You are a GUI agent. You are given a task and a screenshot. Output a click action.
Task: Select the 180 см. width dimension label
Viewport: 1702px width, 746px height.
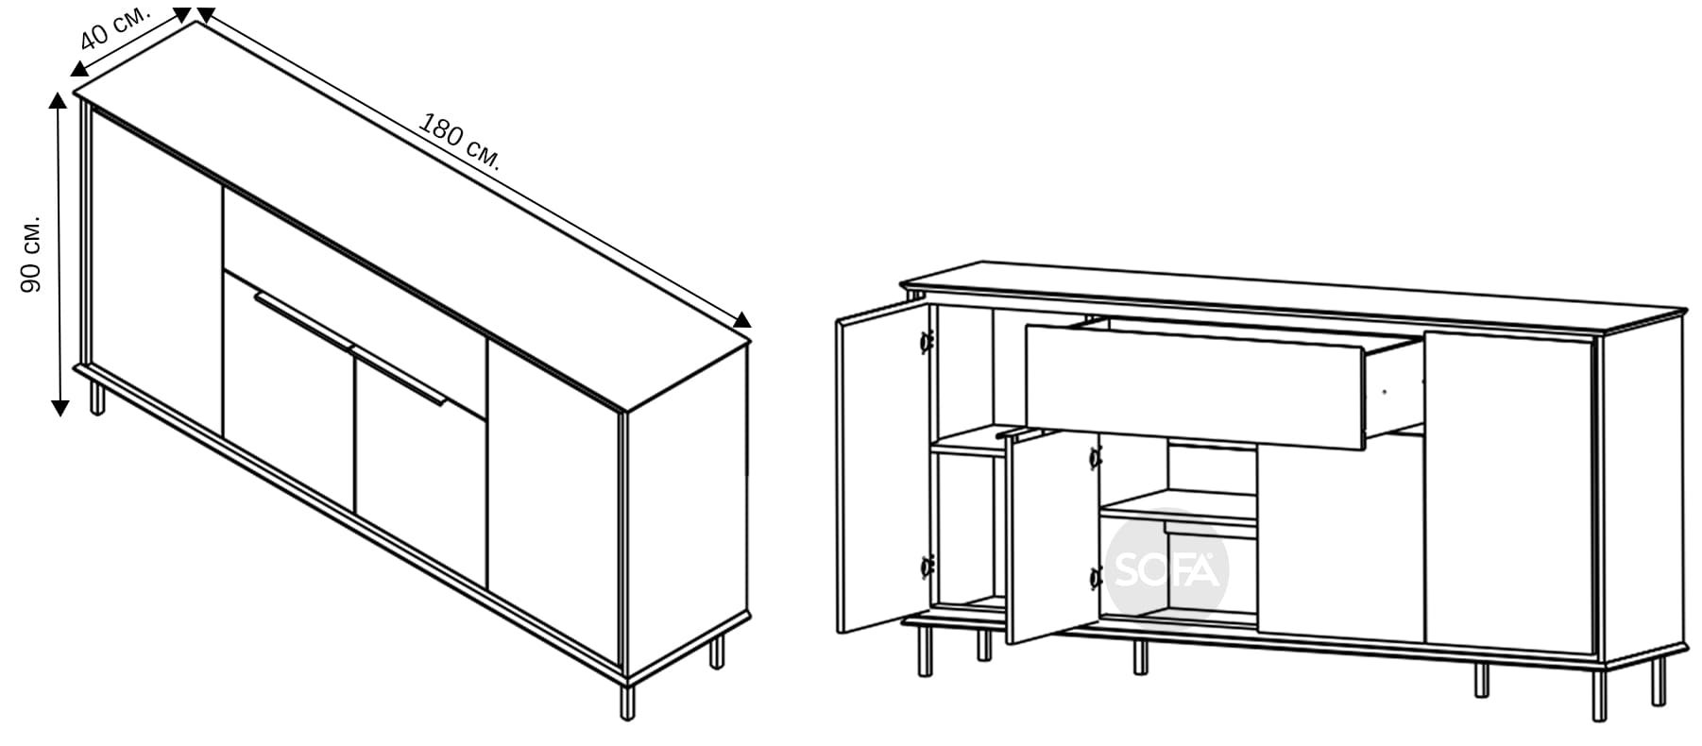(459, 143)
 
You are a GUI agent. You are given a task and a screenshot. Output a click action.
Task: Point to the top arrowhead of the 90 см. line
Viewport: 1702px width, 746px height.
(60, 101)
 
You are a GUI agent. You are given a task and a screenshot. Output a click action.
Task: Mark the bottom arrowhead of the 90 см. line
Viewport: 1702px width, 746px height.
(60, 408)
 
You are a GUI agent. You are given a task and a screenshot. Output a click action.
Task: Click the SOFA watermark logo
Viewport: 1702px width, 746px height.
(1168, 569)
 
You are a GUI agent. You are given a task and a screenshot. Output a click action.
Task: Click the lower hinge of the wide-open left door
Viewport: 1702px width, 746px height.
(926, 568)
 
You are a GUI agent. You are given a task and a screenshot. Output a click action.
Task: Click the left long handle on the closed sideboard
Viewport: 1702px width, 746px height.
(302, 315)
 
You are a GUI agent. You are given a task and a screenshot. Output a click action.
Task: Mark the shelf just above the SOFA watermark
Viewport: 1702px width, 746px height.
(1179, 509)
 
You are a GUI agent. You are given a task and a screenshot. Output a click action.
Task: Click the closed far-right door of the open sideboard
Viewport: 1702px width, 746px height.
(1509, 492)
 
